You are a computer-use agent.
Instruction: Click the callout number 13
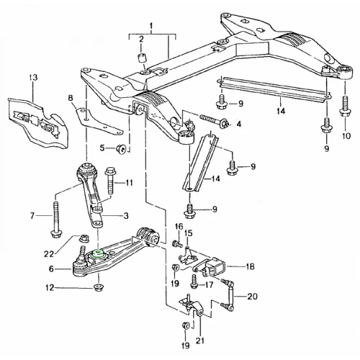pos(33,78)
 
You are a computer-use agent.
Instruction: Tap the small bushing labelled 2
pos(142,58)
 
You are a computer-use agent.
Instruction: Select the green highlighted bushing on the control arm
pos(98,253)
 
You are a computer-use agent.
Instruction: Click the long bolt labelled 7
pos(55,220)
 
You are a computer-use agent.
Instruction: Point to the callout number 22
pos(49,253)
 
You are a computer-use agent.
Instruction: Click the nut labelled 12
pos(98,287)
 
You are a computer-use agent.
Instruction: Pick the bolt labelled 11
pos(109,181)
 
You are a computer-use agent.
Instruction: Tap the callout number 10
pos(346,135)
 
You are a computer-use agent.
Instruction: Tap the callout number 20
pos(252,297)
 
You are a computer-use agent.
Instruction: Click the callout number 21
pos(201,341)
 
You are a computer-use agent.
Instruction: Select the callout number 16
pos(179,226)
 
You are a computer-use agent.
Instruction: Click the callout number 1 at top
pos(151,25)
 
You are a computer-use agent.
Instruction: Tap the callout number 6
pos(51,269)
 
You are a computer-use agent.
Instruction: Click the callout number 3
pos(126,215)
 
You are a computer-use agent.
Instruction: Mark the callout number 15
pos(189,233)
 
